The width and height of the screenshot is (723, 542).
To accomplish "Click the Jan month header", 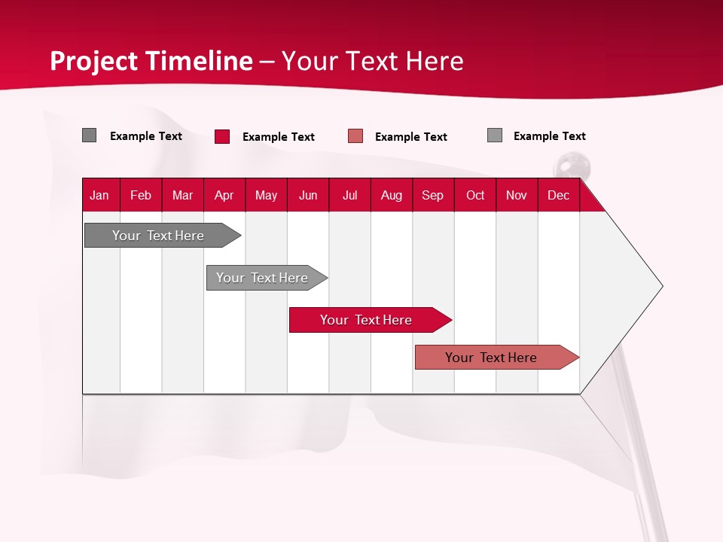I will pyautogui.click(x=99, y=195).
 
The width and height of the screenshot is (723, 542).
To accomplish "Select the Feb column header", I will pyautogui.click(x=141, y=195).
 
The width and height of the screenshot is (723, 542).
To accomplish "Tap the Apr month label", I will pyautogui.click(x=224, y=195).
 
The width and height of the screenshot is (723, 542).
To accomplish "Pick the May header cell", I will pyautogui.click(x=266, y=195).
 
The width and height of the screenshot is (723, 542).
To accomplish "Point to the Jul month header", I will pyautogui.click(x=349, y=195).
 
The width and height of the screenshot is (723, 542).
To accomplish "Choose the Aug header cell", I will pyautogui.click(x=392, y=195).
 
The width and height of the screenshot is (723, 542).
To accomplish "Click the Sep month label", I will pyautogui.click(x=433, y=195).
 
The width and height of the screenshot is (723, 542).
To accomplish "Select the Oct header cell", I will pyautogui.click(x=475, y=195).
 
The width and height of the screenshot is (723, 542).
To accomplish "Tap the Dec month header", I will pyautogui.click(x=559, y=195).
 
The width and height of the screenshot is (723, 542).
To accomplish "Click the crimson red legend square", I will pyautogui.click(x=222, y=136).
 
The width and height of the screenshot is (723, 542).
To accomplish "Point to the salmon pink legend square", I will pyautogui.click(x=355, y=136).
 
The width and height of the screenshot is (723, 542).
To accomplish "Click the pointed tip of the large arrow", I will pyautogui.click(x=660, y=286).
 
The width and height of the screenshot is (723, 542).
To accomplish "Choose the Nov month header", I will pyautogui.click(x=517, y=195).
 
